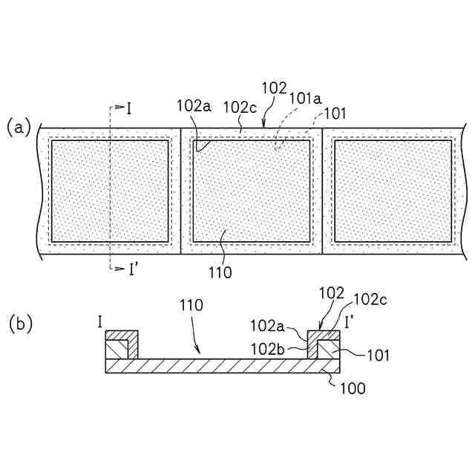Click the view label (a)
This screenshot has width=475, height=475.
(19, 127)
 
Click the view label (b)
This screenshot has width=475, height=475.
(19, 324)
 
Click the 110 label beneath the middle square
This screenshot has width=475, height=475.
(220, 272)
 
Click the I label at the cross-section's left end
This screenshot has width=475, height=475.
(99, 322)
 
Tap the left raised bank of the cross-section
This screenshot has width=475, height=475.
(122, 345)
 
